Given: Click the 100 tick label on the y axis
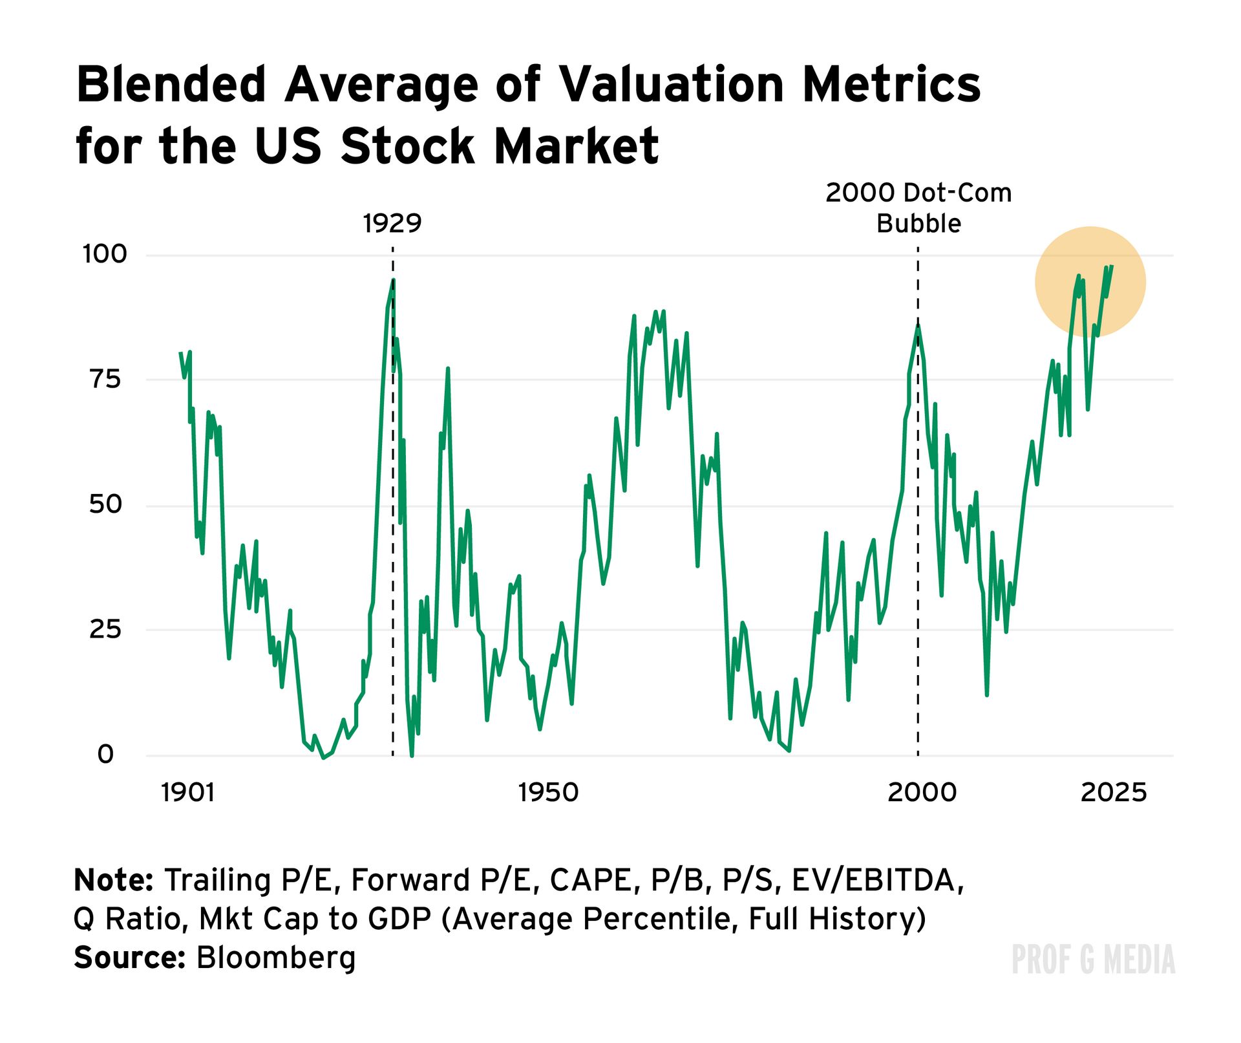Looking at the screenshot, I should coord(105,254).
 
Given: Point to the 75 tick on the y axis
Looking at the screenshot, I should coord(105,379).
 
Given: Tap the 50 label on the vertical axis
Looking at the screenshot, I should coord(105,504).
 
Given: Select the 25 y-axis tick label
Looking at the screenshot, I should coord(105,629).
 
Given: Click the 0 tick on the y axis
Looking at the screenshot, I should coord(105,754).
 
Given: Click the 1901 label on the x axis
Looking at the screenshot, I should coord(187,793).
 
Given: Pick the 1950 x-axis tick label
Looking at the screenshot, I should coord(548,793).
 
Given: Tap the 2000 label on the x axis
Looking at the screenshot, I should coord(922,793).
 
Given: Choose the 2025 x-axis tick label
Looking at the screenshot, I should coord(1114,793).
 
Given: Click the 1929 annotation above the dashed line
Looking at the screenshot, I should coord(392,224).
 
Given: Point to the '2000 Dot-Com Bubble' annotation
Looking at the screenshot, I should coord(918,208).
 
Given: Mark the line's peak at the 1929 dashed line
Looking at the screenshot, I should coord(393,280).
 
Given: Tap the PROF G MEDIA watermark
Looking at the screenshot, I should coord(1093,960).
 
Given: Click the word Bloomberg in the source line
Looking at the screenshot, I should coord(276,958).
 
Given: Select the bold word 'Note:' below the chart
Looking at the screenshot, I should coord(113,881).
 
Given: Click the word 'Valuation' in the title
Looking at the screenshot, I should coord(670,85).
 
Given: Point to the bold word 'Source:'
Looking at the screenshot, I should coord(130,958).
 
